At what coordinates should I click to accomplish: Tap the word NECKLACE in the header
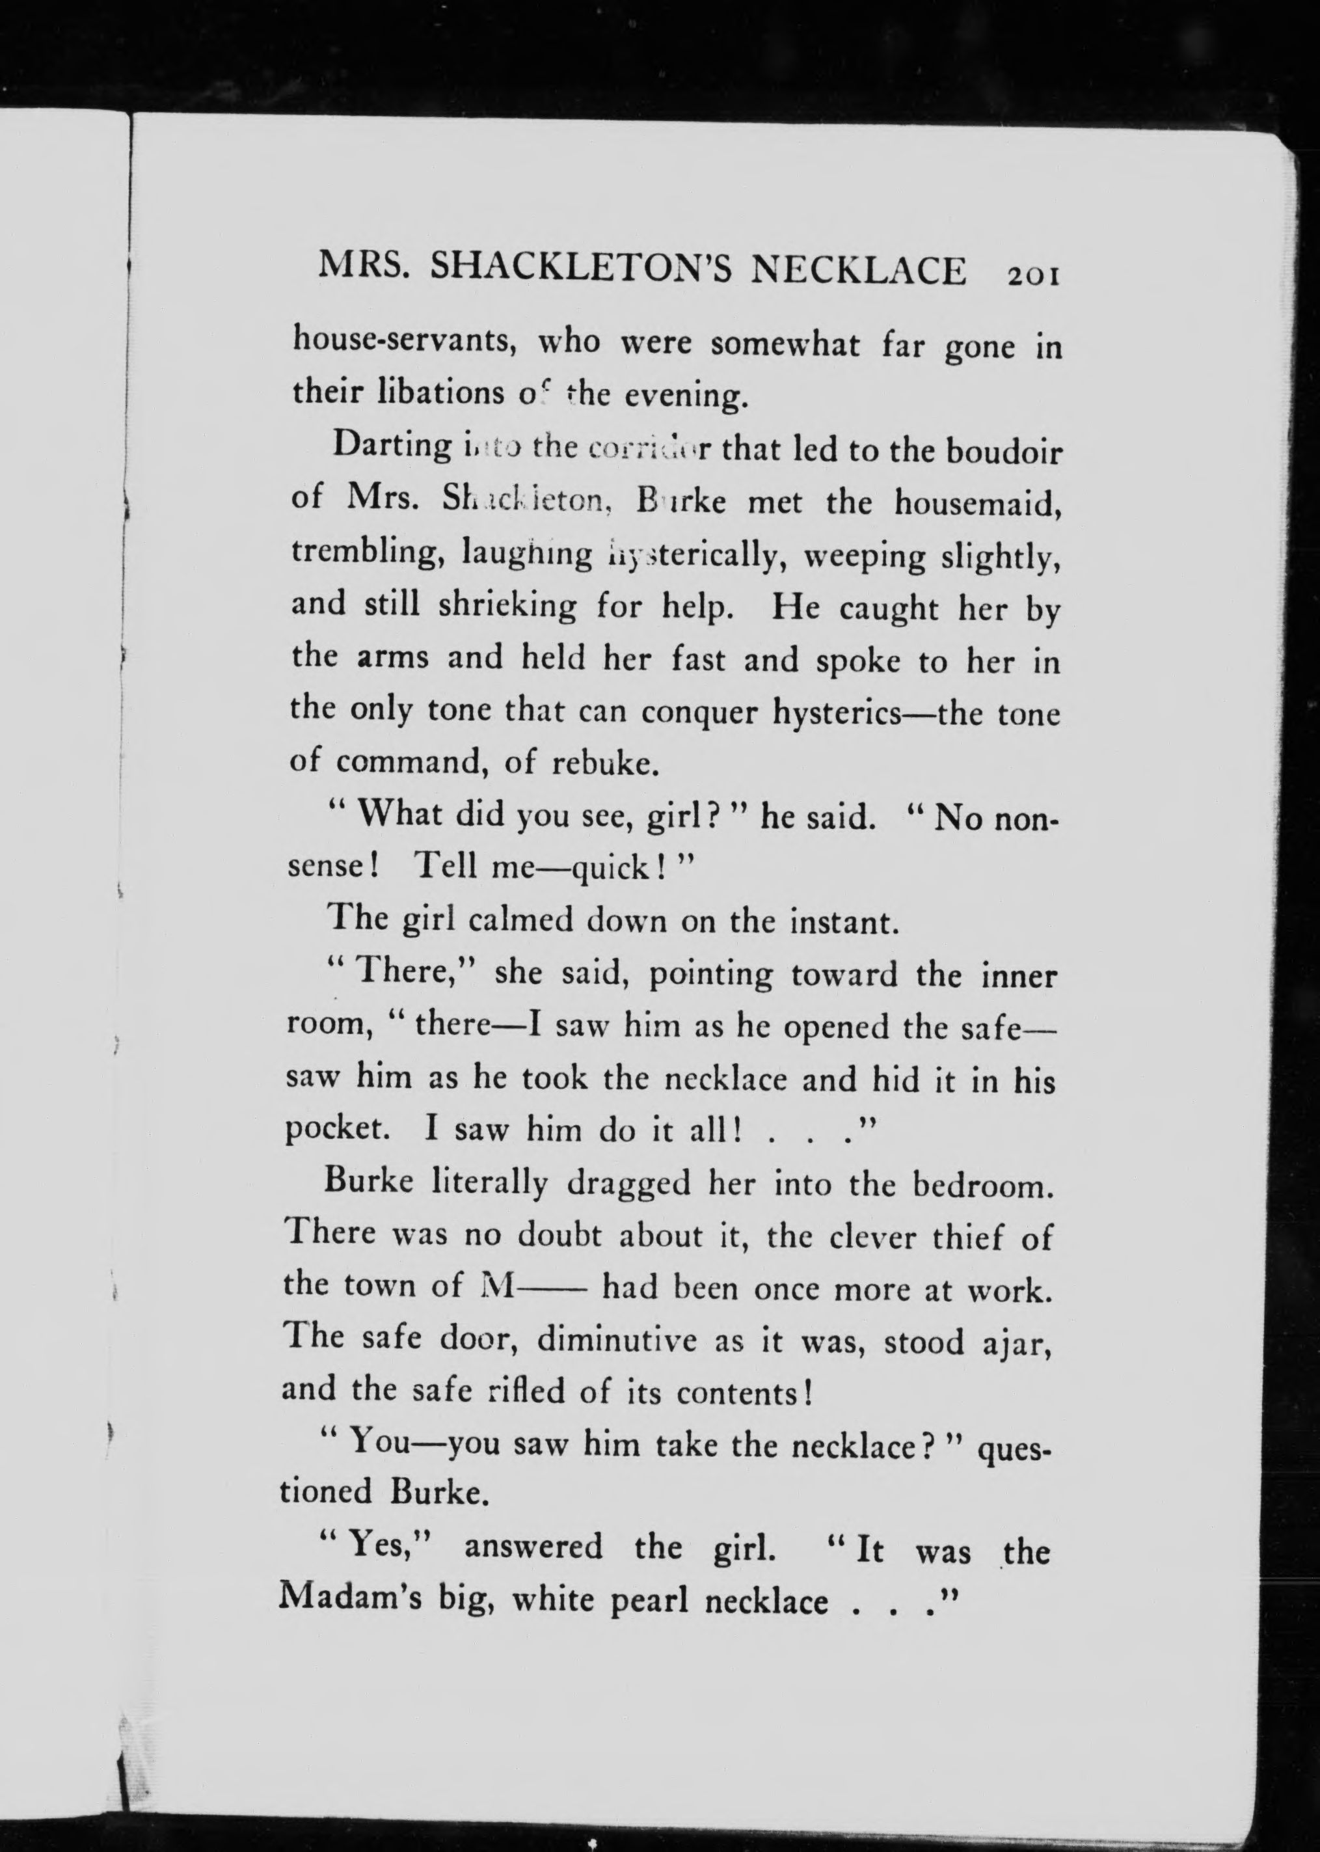pos(857,271)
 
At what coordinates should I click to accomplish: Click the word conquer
pos(698,712)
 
